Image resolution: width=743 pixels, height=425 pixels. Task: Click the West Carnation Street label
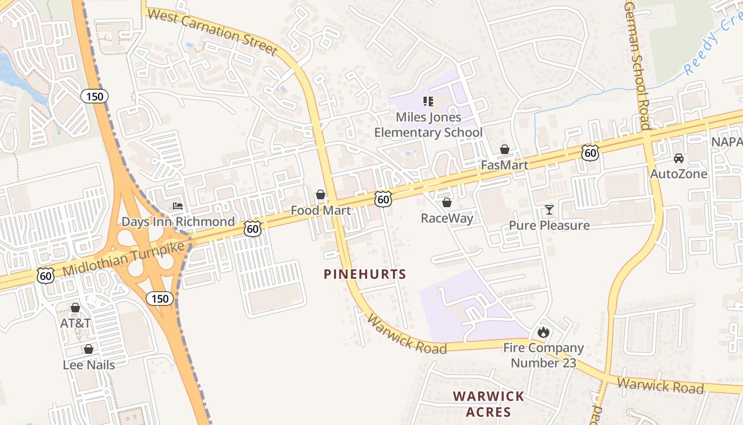[x=212, y=31]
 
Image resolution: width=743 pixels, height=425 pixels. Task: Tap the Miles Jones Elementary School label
[x=428, y=124]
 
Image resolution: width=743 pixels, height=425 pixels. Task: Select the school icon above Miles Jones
[x=428, y=101]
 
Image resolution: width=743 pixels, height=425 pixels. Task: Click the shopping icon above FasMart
[x=505, y=150]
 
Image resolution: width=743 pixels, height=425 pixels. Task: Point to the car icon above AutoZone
[x=678, y=158]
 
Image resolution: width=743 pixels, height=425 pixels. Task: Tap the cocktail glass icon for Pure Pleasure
[x=549, y=210]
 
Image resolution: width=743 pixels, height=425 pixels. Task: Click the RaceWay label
[x=447, y=218]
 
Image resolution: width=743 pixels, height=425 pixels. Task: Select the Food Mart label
[x=321, y=210]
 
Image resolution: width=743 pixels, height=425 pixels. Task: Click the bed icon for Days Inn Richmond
[x=178, y=206]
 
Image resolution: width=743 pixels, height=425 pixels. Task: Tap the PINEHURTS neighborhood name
[x=365, y=274]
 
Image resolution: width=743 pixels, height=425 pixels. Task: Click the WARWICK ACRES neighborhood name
[x=489, y=404]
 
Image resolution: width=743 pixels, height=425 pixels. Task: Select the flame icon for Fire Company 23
[x=543, y=333]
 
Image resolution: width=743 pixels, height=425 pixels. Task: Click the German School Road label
[x=637, y=64]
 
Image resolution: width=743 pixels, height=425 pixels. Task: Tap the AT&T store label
[x=75, y=323]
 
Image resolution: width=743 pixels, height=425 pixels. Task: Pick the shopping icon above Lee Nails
[x=89, y=349]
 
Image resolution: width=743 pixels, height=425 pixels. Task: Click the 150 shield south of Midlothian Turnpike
[x=159, y=298]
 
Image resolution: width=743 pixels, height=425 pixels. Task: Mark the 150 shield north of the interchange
[x=94, y=96]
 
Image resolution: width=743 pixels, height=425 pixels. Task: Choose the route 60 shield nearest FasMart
[x=590, y=153]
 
